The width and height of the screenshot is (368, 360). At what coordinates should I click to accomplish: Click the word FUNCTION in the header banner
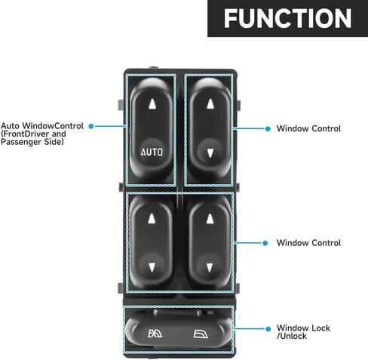click(287, 18)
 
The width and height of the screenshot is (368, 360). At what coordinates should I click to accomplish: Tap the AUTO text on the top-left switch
click(152, 152)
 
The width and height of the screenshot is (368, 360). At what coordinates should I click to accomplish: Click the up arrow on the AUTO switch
click(152, 103)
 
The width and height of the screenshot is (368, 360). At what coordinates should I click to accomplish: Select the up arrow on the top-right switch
click(210, 103)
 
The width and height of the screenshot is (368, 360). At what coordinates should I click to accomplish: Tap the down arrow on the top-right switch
click(210, 153)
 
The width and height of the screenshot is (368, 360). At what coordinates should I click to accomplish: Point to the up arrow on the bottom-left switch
click(152, 218)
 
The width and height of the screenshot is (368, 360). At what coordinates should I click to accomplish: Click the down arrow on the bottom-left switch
click(152, 267)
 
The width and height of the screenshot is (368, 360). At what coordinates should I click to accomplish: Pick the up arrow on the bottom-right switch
click(210, 218)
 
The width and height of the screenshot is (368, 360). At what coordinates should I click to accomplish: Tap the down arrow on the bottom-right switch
click(210, 267)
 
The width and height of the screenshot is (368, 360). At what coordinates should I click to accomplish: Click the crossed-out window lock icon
click(155, 334)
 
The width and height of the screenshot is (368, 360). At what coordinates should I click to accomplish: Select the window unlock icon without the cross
click(201, 334)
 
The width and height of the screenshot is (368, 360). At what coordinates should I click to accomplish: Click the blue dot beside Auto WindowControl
click(91, 126)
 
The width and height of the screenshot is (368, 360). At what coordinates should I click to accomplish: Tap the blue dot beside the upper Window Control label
click(268, 129)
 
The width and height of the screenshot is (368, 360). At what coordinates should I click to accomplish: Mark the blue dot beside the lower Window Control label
click(265, 243)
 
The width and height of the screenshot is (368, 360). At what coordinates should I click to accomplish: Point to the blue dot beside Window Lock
click(268, 329)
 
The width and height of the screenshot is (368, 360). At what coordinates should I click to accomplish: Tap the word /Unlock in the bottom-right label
click(292, 336)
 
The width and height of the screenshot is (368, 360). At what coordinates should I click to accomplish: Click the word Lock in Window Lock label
click(320, 328)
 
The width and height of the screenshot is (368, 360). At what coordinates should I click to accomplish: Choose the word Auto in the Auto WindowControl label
click(11, 126)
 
